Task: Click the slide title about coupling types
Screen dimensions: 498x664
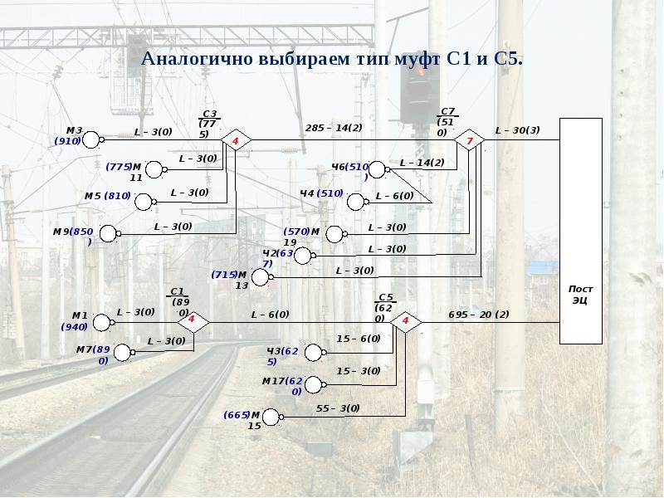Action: coord(332,60)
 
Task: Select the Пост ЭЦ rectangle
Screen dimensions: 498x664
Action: coord(591,231)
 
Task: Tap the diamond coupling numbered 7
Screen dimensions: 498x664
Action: coord(470,141)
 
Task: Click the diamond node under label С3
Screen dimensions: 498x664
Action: coord(236,141)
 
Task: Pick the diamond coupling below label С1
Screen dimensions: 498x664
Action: coord(192,320)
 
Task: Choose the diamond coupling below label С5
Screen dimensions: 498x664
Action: coord(406,320)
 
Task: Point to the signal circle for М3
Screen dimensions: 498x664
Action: coord(91,139)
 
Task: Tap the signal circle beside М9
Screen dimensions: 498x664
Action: coord(109,234)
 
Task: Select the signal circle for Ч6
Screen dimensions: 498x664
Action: coord(378,170)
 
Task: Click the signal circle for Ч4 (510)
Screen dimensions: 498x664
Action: coord(357,202)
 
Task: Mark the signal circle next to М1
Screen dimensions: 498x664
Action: coord(102,322)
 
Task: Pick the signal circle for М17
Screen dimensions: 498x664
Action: coord(315,385)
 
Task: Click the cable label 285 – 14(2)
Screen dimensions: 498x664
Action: coord(334,128)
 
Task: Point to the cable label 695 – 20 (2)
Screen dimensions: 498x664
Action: coord(478,315)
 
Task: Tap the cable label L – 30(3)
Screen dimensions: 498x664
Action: coord(517,130)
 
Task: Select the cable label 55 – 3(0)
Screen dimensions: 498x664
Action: coord(338,408)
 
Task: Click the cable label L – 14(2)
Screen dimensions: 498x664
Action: coord(422,163)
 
